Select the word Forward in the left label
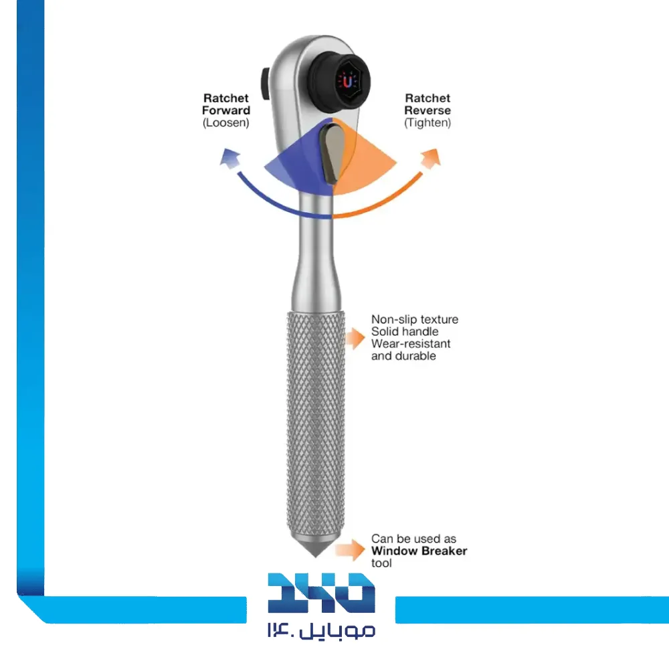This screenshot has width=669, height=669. click(226, 110)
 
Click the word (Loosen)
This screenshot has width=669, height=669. click(226, 123)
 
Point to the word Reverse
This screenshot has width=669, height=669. click(427, 110)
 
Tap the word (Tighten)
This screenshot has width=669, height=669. click(427, 123)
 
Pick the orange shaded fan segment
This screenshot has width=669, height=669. click(371, 164)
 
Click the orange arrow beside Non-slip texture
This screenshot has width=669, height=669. click(355, 339)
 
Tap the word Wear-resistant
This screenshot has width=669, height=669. click(411, 344)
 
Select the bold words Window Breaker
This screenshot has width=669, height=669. click(419, 551)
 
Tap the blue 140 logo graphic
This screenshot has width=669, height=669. click(321, 593)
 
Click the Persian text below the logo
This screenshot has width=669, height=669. click(321, 630)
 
